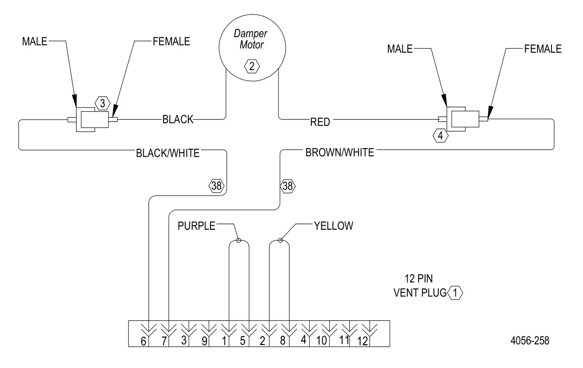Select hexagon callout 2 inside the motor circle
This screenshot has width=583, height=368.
pos(251,66)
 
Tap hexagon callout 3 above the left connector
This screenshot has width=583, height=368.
pos(102,104)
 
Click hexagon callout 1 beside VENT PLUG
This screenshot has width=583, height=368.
pos(455,293)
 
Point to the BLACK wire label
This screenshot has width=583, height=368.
pos(178,119)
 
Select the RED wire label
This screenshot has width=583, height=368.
pos(320,122)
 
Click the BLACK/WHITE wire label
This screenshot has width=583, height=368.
pos(168,153)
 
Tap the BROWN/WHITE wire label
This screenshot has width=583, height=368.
pos(340,153)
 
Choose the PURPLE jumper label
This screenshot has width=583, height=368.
pos(197,226)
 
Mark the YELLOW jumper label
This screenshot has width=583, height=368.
pos(333,226)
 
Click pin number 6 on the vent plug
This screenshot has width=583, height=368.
pos(144,341)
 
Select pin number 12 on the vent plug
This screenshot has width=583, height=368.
pos(363,341)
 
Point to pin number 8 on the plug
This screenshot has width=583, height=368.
pos(283,341)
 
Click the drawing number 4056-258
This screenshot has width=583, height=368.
pos(529,341)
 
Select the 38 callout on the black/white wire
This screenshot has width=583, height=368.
pos(216,185)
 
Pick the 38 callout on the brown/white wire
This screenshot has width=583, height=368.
pos(288,185)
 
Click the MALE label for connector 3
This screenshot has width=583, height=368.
pos(35,41)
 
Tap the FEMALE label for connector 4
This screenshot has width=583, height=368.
pos(543,49)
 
